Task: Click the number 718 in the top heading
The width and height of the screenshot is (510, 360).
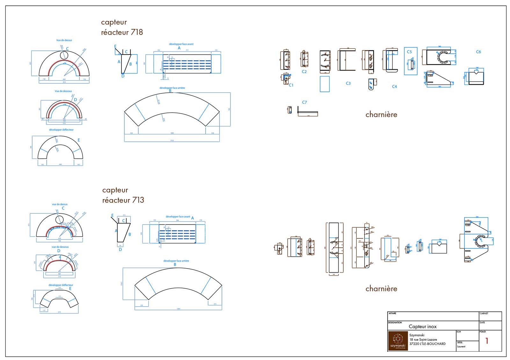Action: [137, 32]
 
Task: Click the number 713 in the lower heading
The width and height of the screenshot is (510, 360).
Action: [138, 200]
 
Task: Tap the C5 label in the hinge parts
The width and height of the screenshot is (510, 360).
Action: [409, 52]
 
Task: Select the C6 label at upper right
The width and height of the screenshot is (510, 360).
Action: [478, 52]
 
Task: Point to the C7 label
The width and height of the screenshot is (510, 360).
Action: [304, 102]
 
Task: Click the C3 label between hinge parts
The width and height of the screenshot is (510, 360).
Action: [348, 83]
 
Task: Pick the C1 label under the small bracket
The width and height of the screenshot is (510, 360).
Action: [291, 85]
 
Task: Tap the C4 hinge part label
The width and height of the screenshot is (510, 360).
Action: [394, 86]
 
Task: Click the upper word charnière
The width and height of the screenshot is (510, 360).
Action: [381, 114]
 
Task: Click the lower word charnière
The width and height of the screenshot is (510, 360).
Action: [381, 289]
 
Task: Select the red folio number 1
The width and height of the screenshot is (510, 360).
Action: [487, 341]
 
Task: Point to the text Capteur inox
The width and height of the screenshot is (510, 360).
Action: [423, 327]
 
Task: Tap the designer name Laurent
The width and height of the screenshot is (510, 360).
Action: [461, 347]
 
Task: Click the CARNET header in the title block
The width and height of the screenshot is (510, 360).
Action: [484, 313]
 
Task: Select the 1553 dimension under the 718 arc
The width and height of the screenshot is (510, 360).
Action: [172, 140]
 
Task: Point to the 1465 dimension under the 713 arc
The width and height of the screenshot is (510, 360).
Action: [178, 309]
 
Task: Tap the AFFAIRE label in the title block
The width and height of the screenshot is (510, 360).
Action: [392, 313]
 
